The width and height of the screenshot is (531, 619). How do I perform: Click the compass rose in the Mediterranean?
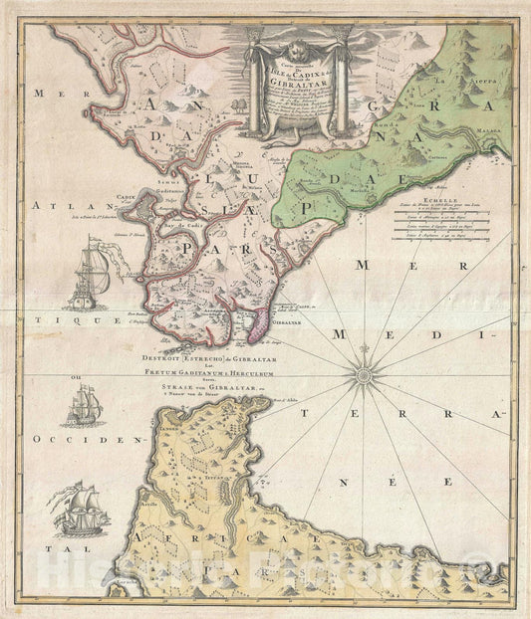point(362,374)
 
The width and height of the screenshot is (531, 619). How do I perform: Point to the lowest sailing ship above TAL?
point(77,509)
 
